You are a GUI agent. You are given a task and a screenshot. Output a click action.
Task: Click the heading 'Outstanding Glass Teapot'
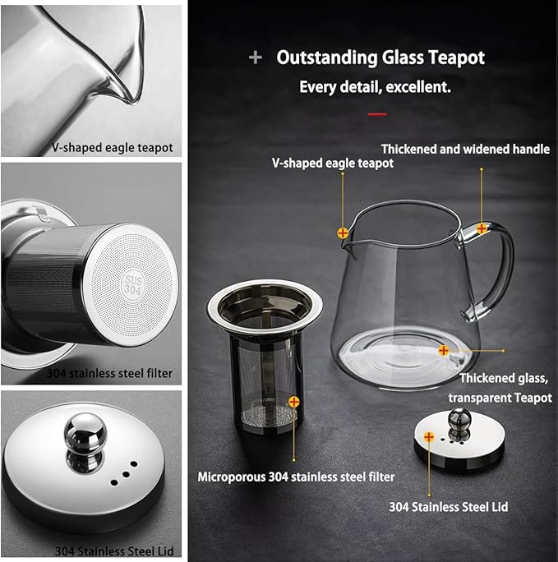[380, 58]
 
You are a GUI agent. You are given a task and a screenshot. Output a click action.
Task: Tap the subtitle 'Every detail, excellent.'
[374, 86]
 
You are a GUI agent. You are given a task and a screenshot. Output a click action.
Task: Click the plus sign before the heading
[256, 58]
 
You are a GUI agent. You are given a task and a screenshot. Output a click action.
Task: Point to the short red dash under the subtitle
[376, 113]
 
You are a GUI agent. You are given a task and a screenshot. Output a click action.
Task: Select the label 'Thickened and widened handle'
[465, 149]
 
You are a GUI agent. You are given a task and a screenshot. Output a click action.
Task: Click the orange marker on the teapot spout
[342, 233]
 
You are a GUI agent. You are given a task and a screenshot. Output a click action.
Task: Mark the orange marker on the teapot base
[444, 350]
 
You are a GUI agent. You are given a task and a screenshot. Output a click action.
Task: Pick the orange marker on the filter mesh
[293, 402]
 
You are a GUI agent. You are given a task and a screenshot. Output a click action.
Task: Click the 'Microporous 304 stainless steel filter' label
[296, 477]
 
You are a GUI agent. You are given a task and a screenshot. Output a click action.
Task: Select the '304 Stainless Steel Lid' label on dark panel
[448, 507]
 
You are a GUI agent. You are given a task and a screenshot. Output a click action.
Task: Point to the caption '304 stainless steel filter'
[109, 373]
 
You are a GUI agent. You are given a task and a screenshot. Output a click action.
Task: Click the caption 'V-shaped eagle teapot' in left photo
[107, 148]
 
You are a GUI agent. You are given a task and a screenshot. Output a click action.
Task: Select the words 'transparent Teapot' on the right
[500, 397]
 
